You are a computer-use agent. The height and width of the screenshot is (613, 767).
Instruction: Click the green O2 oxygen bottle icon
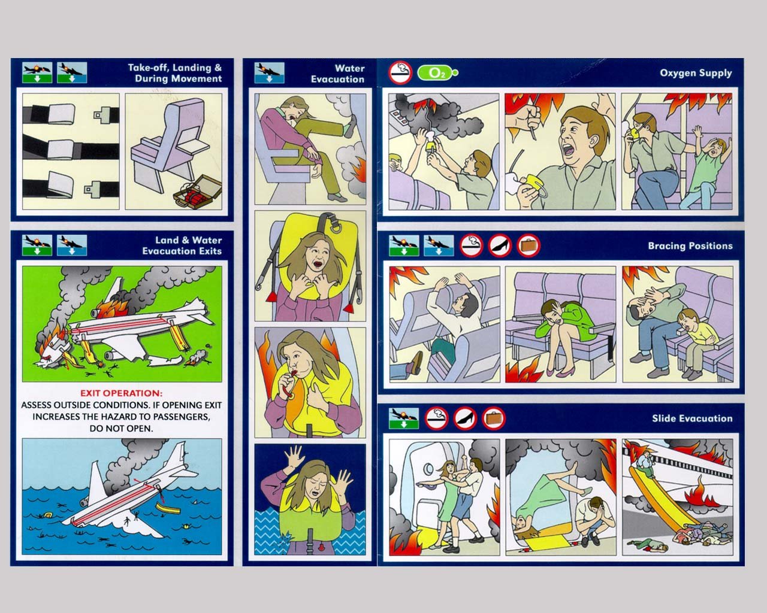(x=437, y=72)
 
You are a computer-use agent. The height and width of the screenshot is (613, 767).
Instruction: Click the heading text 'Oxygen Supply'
(x=696, y=73)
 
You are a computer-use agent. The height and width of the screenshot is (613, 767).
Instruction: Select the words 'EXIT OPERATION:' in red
(x=121, y=393)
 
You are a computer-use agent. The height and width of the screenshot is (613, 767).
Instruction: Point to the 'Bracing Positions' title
(x=690, y=246)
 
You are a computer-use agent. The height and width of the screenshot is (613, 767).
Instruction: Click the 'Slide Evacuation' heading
(x=692, y=418)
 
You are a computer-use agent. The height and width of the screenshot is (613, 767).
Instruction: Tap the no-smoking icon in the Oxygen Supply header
(x=400, y=72)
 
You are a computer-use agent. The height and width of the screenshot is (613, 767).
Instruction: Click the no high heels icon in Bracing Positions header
(x=500, y=245)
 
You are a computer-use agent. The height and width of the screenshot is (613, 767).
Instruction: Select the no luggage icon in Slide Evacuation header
(x=493, y=418)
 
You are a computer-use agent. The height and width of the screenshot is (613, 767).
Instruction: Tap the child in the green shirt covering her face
(x=708, y=171)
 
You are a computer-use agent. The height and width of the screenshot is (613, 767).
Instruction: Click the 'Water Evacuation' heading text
(x=337, y=74)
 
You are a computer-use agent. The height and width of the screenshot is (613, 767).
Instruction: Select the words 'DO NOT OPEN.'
(x=121, y=429)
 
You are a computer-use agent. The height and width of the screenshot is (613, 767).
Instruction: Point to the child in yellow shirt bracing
(x=697, y=342)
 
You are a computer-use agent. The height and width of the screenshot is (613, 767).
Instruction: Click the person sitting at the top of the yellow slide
(x=646, y=464)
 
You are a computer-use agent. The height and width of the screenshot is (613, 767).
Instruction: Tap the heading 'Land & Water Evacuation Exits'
(x=182, y=246)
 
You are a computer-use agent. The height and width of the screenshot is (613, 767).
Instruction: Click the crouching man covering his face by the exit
(x=594, y=521)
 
